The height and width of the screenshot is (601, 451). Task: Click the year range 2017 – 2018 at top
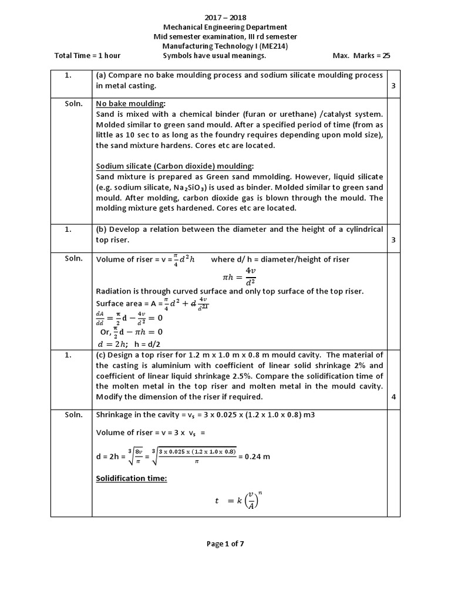(x=225, y=18)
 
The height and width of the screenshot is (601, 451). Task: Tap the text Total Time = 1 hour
(x=87, y=56)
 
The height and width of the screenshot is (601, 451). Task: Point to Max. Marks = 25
(x=361, y=56)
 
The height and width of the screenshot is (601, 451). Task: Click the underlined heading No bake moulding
(x=130, y=103)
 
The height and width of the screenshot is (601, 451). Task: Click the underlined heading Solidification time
(x=132, y=478)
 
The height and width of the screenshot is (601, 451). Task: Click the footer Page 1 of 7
(x=225, y=543)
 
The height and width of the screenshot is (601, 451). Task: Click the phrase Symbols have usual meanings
(x=214, y=56)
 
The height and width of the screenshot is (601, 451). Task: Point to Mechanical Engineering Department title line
(x=225, y=27)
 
